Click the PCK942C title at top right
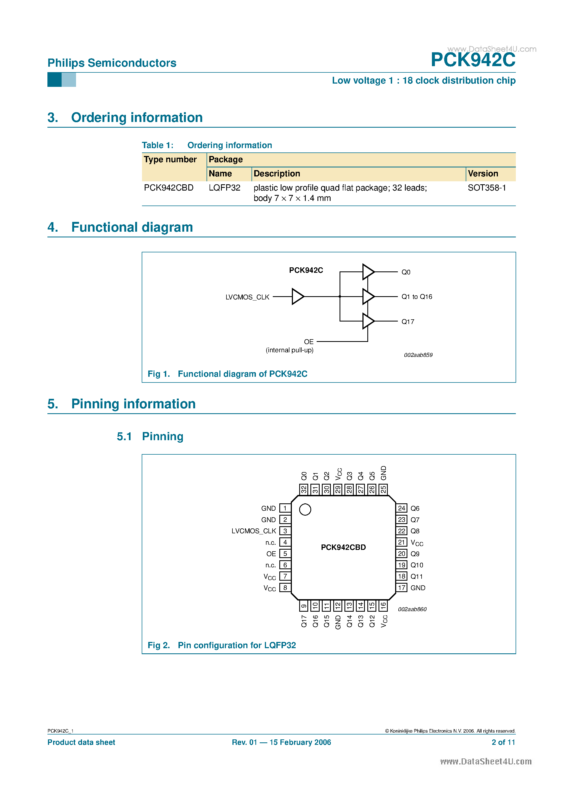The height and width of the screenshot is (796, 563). point(473,60)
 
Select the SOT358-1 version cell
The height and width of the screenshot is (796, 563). point(487,188)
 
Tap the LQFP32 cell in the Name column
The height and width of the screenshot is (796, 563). point(224,188)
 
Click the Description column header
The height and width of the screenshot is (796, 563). point(277,174)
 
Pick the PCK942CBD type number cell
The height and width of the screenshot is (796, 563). point(169,188)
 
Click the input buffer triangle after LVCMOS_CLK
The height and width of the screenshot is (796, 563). point(297,297)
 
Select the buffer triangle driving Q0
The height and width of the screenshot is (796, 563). point(368,272)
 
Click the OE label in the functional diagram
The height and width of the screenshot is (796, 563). point(308,342)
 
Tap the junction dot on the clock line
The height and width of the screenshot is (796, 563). point(340,297)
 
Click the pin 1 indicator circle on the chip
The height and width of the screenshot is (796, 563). point(305,509)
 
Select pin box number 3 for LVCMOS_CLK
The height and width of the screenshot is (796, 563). point(285,531)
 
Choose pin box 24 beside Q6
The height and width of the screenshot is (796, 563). point(402,508)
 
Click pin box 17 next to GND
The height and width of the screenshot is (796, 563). point(402,588)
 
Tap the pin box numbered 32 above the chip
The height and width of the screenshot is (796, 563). point(304,489)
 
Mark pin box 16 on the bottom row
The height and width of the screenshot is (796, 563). point(383,606)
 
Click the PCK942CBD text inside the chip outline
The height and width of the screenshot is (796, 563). point(343,547)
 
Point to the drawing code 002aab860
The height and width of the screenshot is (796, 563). point(412,609)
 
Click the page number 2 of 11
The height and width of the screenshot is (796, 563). point(503,742)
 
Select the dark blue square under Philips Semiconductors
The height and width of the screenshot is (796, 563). point(55,80)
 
